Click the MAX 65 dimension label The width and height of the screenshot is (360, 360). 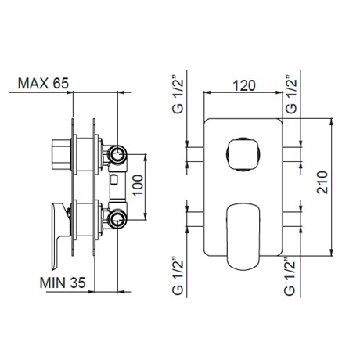(43, 84)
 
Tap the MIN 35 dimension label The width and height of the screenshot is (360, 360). (63, 283)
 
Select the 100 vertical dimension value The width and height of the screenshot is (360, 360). (138, 185)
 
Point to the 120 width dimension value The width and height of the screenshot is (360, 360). (244, 86)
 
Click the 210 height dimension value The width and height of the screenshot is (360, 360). (322, 182)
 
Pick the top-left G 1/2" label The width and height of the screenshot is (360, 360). (178, 95)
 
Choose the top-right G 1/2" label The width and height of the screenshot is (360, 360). (291, 95)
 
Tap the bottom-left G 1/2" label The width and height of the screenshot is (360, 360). (178, 276)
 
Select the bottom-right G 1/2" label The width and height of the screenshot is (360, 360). (290, 276)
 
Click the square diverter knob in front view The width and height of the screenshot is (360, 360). (243, 154)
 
